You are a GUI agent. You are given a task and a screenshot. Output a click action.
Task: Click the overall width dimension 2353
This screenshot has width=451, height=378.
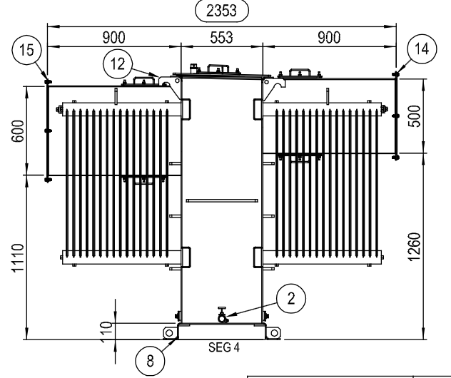click(x=221, y=11)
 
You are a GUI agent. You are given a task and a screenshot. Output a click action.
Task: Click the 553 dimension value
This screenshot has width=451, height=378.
click(x=221, y=37)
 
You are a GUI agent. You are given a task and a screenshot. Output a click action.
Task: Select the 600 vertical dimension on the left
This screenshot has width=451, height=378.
click(x=18, y=131)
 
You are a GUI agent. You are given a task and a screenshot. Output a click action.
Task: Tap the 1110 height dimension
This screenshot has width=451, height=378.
click(x=18, y=257)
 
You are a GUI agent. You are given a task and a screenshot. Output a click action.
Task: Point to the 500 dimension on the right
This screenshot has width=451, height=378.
click(x=414, y=116)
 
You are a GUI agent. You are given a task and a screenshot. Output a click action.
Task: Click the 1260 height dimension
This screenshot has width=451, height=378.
click(x=414, y=247)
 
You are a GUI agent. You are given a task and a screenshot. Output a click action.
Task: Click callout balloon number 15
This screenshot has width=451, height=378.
click(x=26, y=50)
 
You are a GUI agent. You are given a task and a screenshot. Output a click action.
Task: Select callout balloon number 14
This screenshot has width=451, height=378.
click(x=422, y=48)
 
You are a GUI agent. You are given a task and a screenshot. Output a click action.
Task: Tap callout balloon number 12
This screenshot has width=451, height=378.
click(x=118, y=63)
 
